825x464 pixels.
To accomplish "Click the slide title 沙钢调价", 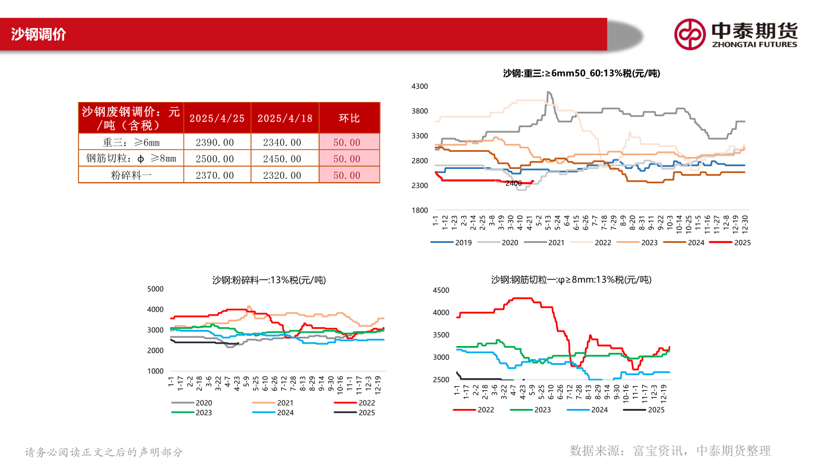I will pos(39,34).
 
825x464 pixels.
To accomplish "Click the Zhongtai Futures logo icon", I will pos(689,34).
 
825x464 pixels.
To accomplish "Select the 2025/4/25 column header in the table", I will pos(217,118).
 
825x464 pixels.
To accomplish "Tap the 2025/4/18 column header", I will pos(285,118).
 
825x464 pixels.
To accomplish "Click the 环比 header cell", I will pos(349,118).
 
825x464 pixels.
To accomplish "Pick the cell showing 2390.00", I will pos(217,142).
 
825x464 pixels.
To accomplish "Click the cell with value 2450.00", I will pos(285,159).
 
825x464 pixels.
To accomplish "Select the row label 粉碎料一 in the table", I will pos(131,175).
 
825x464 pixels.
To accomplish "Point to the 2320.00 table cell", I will pos(285,175).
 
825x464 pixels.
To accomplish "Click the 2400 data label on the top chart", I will pos(513,183).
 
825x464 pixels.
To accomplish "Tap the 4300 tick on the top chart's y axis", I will pos(420,86).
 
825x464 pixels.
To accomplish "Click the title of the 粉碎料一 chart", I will pos(269,280).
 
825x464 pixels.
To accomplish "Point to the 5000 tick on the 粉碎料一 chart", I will pos(156,289).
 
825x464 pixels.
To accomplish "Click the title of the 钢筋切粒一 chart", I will pos(571,280).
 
